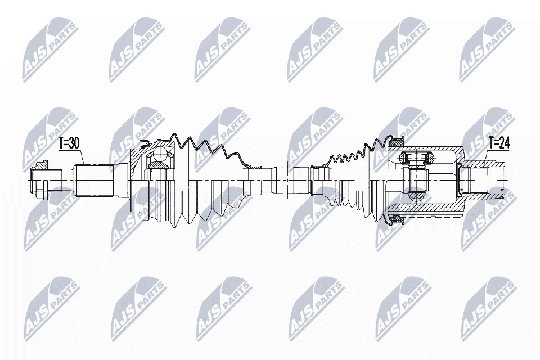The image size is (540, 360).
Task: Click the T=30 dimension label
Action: pyautogui.click(x=69, y=143)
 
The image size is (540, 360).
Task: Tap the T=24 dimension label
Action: pyautogui.click(x=499, y=143)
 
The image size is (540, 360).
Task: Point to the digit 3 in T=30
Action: pyautogui.click(x=72, y=143)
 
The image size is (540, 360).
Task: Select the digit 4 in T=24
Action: pyautogui.click(x=507, y=143)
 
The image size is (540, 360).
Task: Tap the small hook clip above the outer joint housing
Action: pyautogui.click(x=144, y=143)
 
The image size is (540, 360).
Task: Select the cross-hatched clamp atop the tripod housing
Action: pyautogui.click(x=396, y=141)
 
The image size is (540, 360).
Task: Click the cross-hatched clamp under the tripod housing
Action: pyautogui.click(x=396, y=219)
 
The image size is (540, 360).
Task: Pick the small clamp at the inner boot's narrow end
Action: pyautogui.click(x=317, y=168)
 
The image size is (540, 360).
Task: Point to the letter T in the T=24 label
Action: pyautogui.click(x=492, y=143)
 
